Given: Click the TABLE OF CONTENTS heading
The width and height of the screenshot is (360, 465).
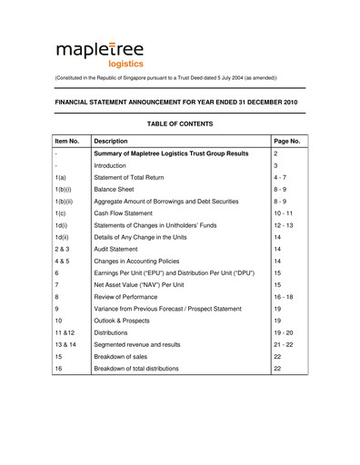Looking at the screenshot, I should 179,124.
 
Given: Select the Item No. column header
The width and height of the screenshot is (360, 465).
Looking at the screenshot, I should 67,142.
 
